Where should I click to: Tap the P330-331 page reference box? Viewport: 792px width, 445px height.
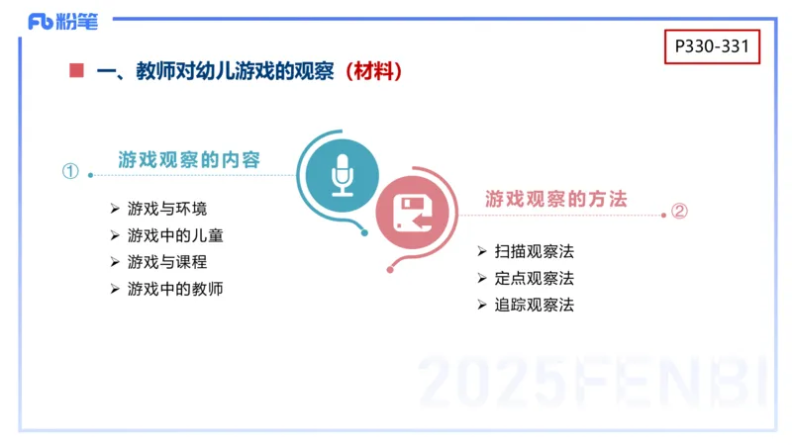click(x=712, y=46)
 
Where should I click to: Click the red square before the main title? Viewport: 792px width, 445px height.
click(x=76, y=71)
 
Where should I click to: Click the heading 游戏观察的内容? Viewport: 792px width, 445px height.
click(x=189, y=159)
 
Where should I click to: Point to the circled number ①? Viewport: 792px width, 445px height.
click(x=70, y=171)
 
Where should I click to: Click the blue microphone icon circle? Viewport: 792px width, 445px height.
click(x=343, y=175)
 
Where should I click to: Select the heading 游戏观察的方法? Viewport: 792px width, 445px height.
click(x=556, y=199)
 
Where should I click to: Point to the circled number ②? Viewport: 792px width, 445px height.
click(x=679, y=211)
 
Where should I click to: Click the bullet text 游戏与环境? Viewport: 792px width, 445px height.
click(x=167, y=209)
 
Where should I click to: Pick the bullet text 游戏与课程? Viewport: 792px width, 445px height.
click(x=167, y=262)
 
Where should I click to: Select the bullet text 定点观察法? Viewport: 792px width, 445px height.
click(x=534, y=278)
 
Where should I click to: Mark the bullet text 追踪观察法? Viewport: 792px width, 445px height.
click(x=534, y=305)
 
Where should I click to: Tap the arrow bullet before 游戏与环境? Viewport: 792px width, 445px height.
click(x=115, y=209)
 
